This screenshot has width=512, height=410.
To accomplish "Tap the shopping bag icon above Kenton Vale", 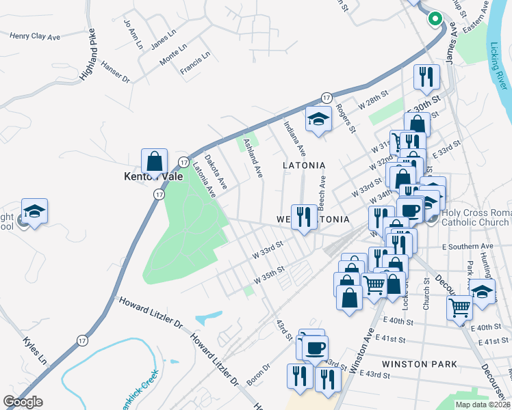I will click(x=155, y=161).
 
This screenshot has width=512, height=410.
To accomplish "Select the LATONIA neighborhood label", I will click(x=304, y=165).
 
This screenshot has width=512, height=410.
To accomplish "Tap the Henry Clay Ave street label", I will click(x=35, y=36).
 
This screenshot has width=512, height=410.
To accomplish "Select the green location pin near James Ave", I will click(x=434, y=18).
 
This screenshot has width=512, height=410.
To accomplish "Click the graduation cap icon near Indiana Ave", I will click(x=318, y=120).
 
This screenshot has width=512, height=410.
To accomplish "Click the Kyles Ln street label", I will click(x=34, y=350).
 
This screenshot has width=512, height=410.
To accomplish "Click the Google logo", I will click(x=23, y=402).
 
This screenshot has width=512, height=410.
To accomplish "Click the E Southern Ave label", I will click(x=468, y=246).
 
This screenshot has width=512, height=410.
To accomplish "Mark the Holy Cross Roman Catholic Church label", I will click(x=475, y=218).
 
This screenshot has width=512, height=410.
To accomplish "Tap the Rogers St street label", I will click(x=345, y=118).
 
